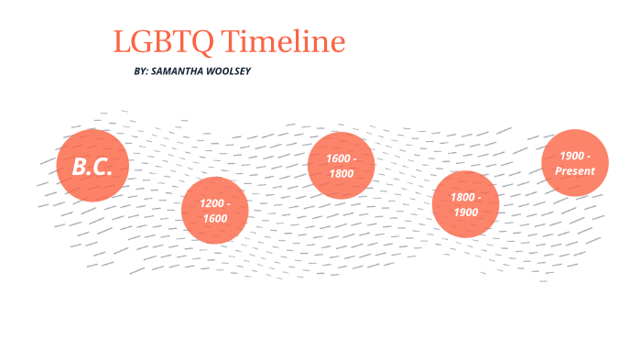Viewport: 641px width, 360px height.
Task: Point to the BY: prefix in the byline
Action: [142, 71]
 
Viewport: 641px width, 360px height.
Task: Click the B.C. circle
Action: [92, 166]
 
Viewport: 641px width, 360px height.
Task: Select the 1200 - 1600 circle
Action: [215, 210]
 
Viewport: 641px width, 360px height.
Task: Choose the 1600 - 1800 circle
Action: [341, 165]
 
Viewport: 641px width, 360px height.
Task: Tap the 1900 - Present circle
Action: [575, 163]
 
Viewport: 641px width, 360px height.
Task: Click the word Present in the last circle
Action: [575, 171]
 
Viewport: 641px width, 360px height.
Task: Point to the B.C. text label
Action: [92, 167]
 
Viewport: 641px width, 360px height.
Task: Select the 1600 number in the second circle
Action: [215, 218]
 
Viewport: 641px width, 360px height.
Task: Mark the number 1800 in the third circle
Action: [341, 172]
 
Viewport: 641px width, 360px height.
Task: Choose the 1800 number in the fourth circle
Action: [462, 198]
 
